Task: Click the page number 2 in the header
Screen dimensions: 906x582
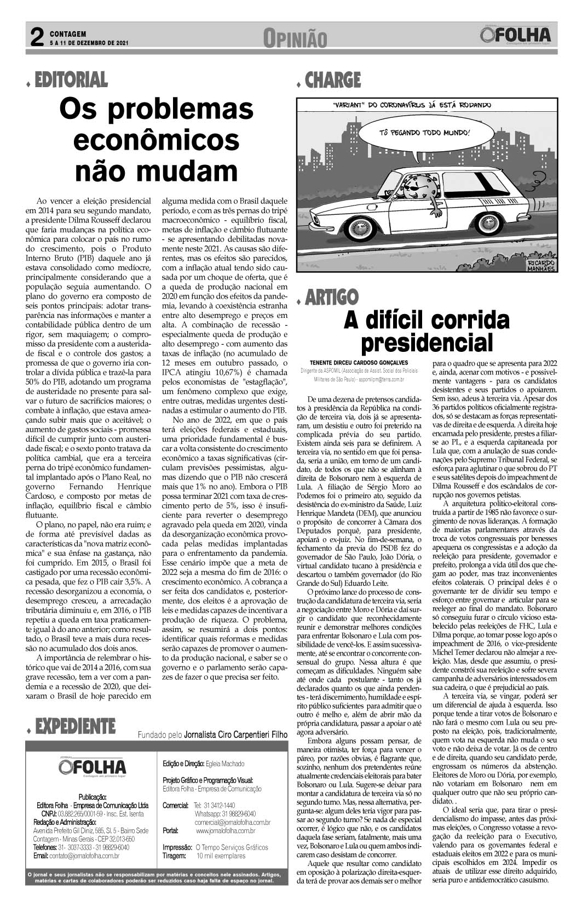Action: (x=36, y=38)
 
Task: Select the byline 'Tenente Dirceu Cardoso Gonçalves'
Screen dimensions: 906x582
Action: (x=359, y=362)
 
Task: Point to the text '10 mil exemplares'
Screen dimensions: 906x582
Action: (x=221, y=856)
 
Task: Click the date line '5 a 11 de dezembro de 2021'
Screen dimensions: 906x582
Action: (x=89, y=42)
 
